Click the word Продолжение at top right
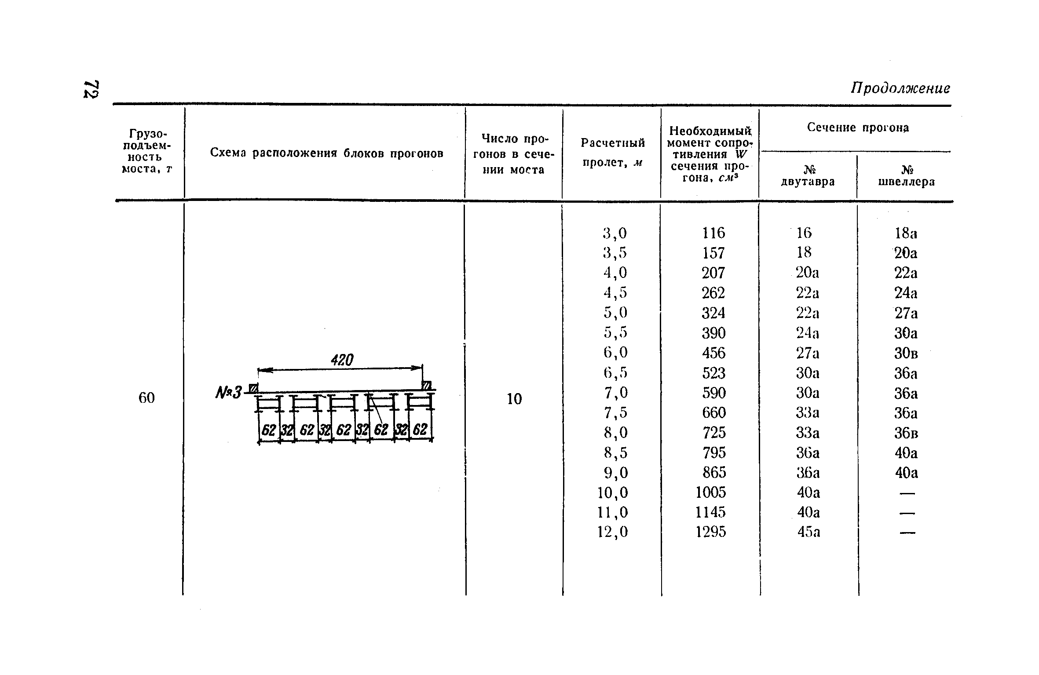click(x=900, y=88)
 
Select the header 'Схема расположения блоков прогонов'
click(x=326, y=153)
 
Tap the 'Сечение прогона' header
click(x=858, y=128)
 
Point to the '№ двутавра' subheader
click(x=808, y=176)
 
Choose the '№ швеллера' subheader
click(x=906, y=176)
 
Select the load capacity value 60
click(x=146, y=398)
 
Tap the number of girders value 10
click(x=514, y=399)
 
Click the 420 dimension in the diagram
click(x=342, y=360)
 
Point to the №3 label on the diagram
click(x=229, y=392)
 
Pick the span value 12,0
click(x=612, y=532)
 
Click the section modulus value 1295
click(x=711, y=532)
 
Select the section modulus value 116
click(x=713, y=233)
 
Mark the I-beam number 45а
click(x=809, y=532)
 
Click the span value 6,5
click(x=615, y=373)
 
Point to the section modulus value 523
click(x=713, y=373)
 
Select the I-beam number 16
click(x=804, y=233)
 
